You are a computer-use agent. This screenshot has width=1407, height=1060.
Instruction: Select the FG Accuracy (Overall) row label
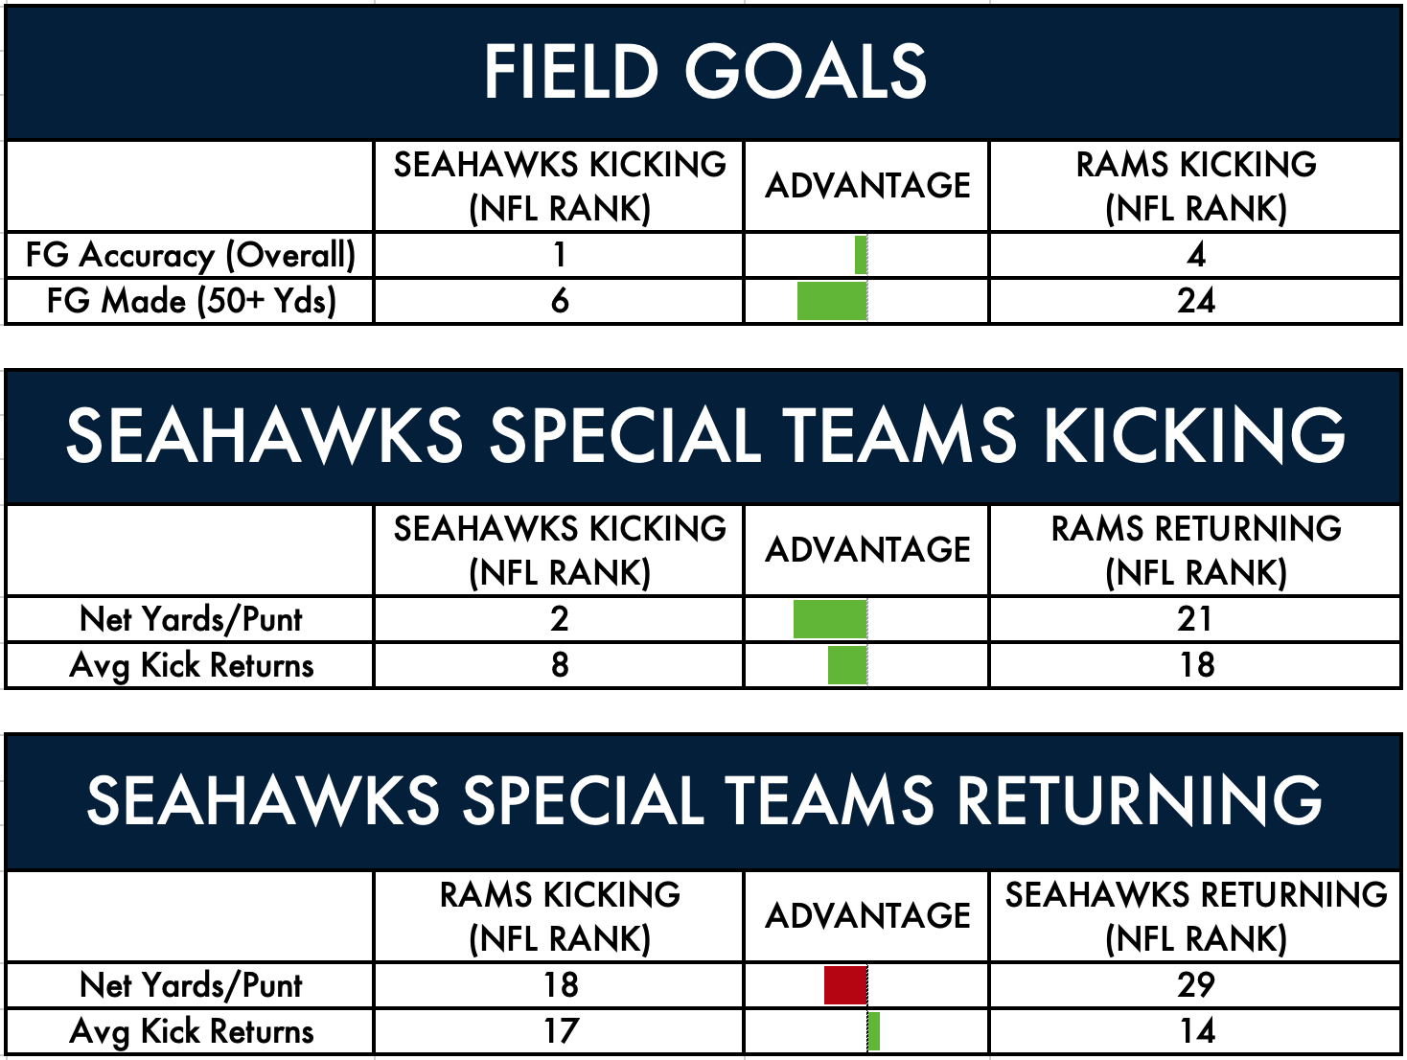pyautogui.click(x=191, y=255)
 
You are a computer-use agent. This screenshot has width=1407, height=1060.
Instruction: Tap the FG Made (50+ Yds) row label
pyautogui.click(x=191, y=301)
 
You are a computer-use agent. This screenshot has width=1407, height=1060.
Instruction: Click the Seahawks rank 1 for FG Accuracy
pyautogui.click(x=559, y=255)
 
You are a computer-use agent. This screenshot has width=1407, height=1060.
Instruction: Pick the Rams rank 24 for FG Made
pyautogui.click(x=1195, y=301)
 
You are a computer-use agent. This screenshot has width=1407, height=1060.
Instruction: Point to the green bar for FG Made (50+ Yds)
pyautogui.click(x=832, y=301)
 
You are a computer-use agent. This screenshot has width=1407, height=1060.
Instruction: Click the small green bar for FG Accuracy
pyautogui.click(x=861, y=255)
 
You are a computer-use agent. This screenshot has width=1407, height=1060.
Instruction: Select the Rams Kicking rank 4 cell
pyautogui.click(x=1195, y=255)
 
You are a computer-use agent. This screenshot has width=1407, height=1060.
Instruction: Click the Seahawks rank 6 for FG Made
pyautogui.click(x=559, y=301)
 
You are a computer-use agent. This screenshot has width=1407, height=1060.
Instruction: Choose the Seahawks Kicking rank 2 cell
pyautogui.click(x=559, y=619)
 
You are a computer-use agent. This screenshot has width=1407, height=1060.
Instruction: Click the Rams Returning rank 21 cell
pyautogui.click(x=1195, y=619)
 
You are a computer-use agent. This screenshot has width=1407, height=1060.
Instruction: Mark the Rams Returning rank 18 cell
pyautogui.click(x=1195, y=665)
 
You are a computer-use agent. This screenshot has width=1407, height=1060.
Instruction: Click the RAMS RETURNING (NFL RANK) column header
pyautogui.click(x=1196, y=550)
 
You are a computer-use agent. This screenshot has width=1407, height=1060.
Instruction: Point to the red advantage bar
pyautogui.click(x=845, y=985)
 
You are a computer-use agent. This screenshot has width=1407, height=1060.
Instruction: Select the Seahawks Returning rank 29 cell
pyautogui.click(x=1195, y=985)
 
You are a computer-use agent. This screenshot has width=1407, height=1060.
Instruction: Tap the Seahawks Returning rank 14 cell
pyautogui.click(x=1195, y=1031)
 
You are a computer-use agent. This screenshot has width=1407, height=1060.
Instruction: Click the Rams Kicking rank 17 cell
pyautogui.click(x=559, y=1031)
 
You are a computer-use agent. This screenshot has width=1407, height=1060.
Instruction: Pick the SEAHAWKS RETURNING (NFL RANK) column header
pyautogui.click(x=1196, y=916)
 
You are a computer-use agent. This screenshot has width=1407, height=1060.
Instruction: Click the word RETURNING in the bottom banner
pyautogui.click(x=1139, y=801)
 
